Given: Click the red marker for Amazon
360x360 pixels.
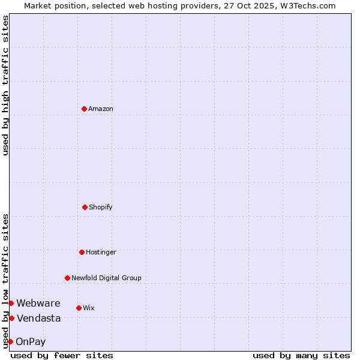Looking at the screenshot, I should (x=84, y=109).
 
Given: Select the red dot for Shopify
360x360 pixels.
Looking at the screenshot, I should (x=85, y=207).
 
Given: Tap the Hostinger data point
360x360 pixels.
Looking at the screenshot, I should (x=82, y=252).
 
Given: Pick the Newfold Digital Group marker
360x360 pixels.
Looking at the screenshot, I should (x=67, y=278).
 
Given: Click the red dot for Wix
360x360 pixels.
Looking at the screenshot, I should (x=79, y=308).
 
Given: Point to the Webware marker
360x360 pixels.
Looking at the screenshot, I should (x=11, y=303).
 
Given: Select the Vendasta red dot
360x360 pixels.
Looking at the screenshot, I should (x=11, y=318).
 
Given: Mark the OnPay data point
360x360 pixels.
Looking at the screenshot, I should (x=10, y=341).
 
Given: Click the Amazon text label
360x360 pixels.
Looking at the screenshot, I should (x=101, y=109).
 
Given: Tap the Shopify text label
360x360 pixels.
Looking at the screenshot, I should (x=101, y=207).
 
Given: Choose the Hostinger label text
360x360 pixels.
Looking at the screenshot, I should (x=101, y=252).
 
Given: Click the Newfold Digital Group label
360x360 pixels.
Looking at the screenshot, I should (x=106, y=278).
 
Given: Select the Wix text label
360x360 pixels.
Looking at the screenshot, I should (x=89, y=308).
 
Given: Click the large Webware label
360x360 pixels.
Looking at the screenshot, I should (x=38, y=303).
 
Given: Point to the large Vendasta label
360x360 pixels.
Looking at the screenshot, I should (x=39, y=318).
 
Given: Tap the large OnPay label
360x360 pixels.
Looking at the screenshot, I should (x=31, y=342).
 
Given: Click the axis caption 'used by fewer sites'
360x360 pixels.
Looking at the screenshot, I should (x=62, y=355).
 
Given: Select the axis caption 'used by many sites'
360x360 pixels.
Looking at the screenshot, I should (x=301, y=355).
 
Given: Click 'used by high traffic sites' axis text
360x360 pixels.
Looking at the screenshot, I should (x=5, y=85).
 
